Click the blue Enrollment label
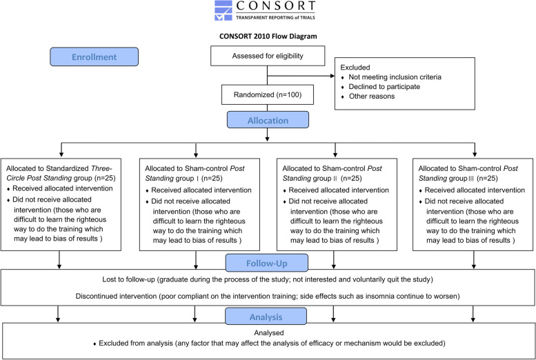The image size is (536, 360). [x=95, y=57]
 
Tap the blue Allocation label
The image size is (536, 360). [x=268, y=120]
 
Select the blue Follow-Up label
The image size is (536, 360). [x=267, y=263]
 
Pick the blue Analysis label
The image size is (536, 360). [x=266, y=317]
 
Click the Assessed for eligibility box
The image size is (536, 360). [x=268, y=56]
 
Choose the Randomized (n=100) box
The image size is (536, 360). [x=268, y=94]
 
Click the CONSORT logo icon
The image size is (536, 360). [x=224, y=10]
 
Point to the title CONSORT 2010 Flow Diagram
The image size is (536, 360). [x=268, y=37]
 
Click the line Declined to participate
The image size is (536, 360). [x=384, y=86]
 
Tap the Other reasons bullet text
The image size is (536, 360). [x=372, y=96]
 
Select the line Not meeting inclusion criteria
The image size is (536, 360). [x=395, y=77]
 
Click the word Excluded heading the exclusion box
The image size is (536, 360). [x=355, y=68]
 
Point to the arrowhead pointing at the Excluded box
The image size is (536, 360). [x=332, y=76]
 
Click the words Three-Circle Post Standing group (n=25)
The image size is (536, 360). [x=61, y=173]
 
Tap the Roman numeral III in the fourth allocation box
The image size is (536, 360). [x=471, y=179]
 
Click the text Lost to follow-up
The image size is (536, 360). [x=128, y=279]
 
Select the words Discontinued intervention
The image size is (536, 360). [x=116, y=296]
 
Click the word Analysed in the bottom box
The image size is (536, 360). [x=268, y=332]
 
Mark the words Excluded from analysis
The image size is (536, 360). [x=136, y=343]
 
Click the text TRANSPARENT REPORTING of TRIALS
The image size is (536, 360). [x=275, y=17]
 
